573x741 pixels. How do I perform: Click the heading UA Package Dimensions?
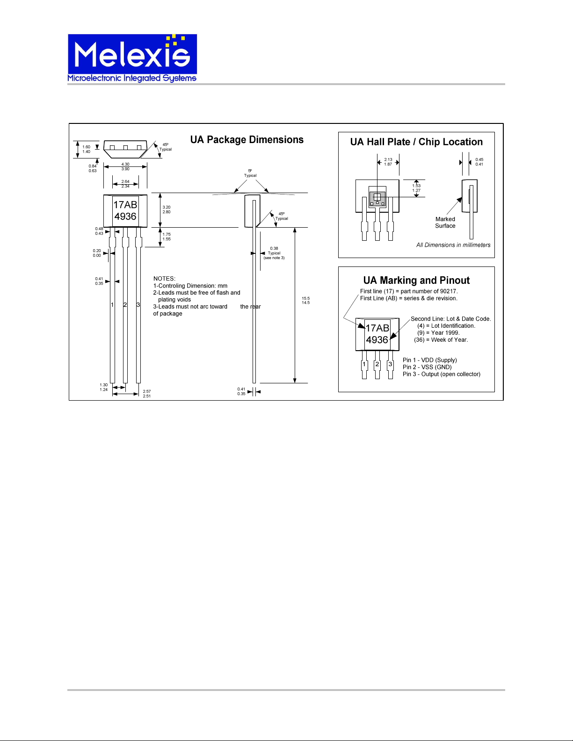click(x=247, y=139)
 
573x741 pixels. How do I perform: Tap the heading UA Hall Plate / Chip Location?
click(x=416, y=142)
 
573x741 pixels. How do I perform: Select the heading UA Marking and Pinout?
click(x=416, y=281)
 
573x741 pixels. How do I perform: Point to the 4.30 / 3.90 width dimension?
click(x=125, y=166)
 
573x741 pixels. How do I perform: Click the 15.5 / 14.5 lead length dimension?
click(x=305, y=301)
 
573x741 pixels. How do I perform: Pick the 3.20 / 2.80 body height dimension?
click(x=167, y=209)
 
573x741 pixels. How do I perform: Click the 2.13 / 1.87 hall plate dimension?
click(x=388, y=162)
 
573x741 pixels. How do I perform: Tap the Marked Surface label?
click(x=445, y=223)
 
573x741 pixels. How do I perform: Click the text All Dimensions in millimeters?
click(x=453, y=245)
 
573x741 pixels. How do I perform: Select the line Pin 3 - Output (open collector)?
click(x=442, y=374)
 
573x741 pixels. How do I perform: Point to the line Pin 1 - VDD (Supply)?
click(x=430, y=360)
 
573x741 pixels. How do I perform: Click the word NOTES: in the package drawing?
click(x=164, y=279)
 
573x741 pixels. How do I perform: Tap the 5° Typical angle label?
click(x=250, y=173)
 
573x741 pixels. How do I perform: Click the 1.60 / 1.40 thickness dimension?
click(x=86, y=149)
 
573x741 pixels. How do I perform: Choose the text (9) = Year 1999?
click(x=438, y=333)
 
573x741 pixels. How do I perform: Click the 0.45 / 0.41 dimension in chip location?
click(x=479, y=162)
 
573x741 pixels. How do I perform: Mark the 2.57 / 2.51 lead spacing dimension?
click(x=147, y=394)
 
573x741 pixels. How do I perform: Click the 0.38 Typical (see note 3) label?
click(x=274, y=253)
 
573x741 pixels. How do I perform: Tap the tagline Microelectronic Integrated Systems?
click(x=132, y=78)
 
